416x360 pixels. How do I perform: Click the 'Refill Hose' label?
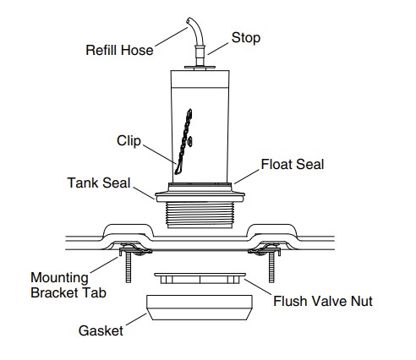(119, 50)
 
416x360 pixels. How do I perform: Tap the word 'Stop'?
(246, 38)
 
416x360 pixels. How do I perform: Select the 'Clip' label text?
(129, 141)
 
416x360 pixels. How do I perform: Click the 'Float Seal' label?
(293, 164)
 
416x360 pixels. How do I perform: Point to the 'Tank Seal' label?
(99, 183)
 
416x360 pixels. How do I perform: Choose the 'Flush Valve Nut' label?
(323, 301)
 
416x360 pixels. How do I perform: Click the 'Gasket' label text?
(101, 330)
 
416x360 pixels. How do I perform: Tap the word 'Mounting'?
(59, 278)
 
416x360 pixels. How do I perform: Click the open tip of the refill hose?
(189, 20)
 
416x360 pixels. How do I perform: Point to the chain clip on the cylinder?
(184, 142)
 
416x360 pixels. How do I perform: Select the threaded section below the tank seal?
(200, 215)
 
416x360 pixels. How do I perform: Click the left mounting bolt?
(129, 267)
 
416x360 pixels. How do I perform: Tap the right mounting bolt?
(271, 267)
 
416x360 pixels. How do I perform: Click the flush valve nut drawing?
(200, 278)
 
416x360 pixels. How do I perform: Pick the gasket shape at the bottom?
(200, 308)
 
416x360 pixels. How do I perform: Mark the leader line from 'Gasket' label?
(136, 319)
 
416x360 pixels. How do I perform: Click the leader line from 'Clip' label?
(160, 155)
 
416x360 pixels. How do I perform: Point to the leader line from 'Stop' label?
(217, 49)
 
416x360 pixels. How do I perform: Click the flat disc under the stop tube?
(200, 68)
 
